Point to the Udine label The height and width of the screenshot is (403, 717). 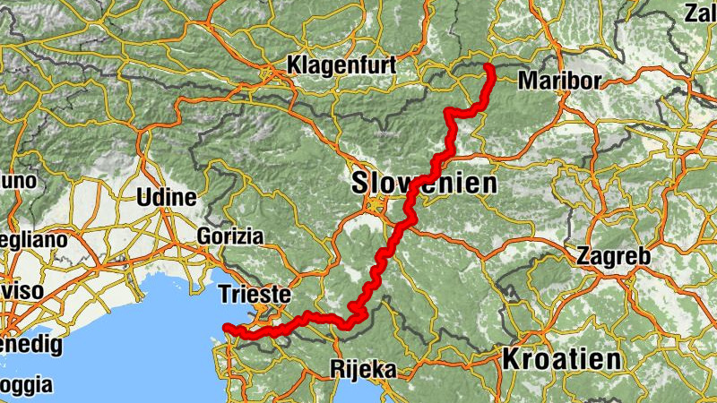point(167,198)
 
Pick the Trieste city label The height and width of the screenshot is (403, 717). point(255,294)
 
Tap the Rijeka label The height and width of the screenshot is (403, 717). point(363,368)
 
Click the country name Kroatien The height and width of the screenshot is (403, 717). point(561,360)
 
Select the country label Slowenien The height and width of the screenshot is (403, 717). point(423,184)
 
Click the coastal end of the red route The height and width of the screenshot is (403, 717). point(227,328)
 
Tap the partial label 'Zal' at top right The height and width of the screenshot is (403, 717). point(700,13)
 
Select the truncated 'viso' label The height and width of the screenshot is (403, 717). point(21,291)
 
